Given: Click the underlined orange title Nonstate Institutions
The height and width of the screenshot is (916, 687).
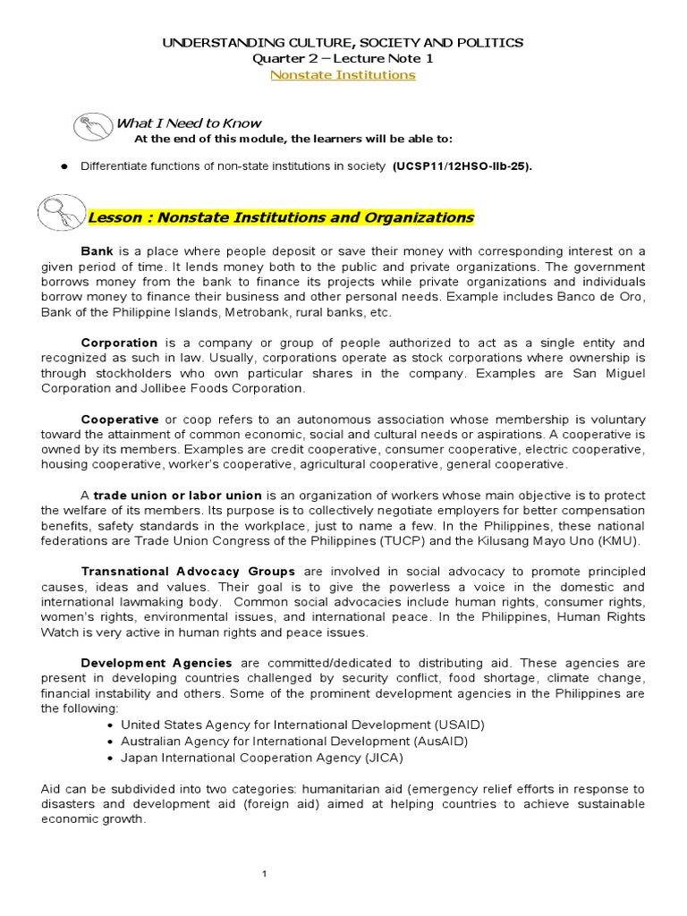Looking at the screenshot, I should click(x=343, y=75).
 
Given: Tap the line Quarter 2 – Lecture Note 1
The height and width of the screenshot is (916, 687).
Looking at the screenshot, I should click(x=343, y=59).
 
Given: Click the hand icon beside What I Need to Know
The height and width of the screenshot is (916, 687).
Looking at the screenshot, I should click(x=93, y=128).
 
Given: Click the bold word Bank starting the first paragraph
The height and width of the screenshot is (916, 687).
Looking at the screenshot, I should click(x=98, y=251).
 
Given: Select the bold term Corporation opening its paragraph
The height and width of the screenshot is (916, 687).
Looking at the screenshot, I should click(x=119, y=343).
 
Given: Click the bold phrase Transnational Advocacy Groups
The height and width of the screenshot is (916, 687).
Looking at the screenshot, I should click(x=188, y=572).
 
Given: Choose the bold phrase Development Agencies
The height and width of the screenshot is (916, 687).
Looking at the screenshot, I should click(x=157, y=663).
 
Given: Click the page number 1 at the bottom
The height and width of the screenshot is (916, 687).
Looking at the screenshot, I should click(x=266, y=874).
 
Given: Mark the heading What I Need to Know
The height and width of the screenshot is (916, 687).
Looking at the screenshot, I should click(x=189, y=123).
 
